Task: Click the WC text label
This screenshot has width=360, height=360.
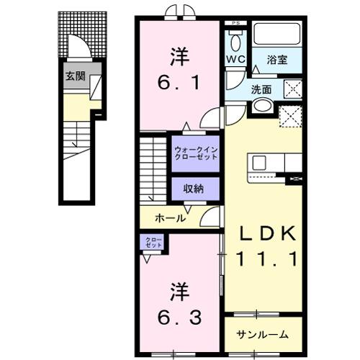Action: pos(234,58)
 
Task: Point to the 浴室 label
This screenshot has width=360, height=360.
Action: pos(279,60)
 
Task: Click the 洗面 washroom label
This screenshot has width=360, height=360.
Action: pos(261,90)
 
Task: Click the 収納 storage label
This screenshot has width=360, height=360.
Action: pos(194,189)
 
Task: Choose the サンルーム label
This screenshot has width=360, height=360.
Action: pos(264,334)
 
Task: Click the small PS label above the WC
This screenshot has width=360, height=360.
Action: pos(235,24)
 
